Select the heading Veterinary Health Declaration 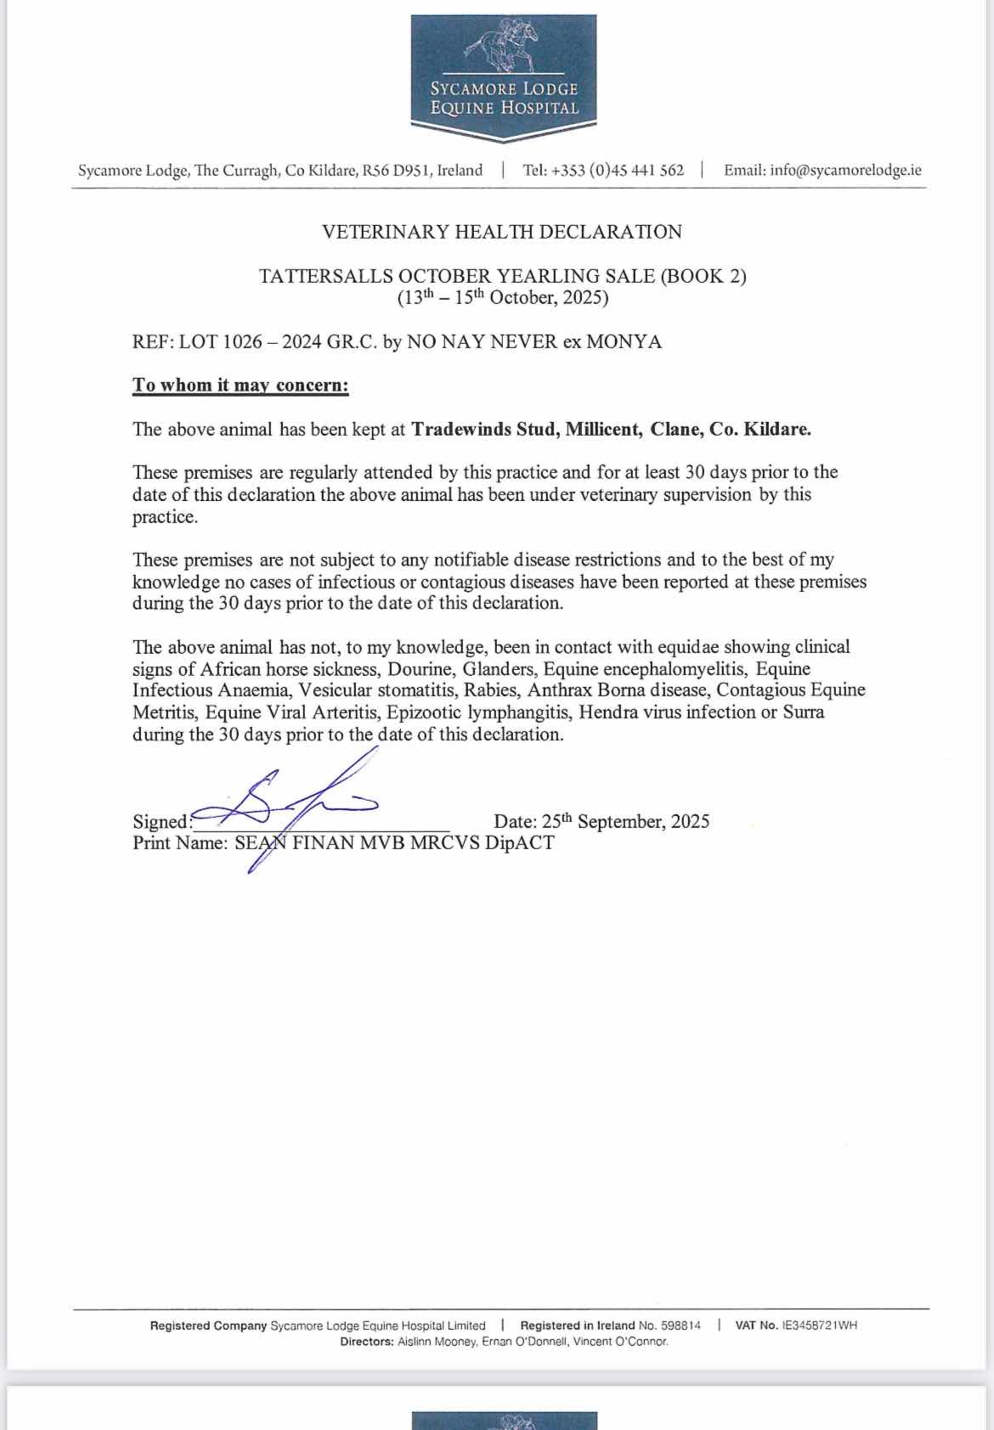point(502,232)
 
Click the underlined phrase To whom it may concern point(240,385)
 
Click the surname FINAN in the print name point(323,843)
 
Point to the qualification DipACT point(519,843)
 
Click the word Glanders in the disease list point(498,668)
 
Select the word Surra point(803,712)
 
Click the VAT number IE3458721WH point(819,1326)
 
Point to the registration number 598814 point(681,1326)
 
